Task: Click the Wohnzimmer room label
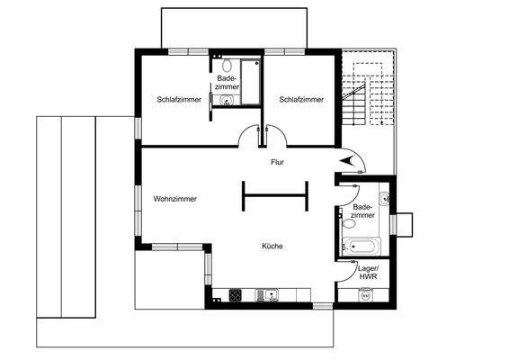174,199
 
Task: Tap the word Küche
272,246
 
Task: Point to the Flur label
278,163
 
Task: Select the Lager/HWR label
368,273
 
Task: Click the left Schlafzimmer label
178,99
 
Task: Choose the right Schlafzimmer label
300,99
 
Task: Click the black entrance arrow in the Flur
349,159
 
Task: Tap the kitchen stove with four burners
236,293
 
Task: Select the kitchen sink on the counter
267,293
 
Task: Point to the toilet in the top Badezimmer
227,65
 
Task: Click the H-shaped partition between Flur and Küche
274,195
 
